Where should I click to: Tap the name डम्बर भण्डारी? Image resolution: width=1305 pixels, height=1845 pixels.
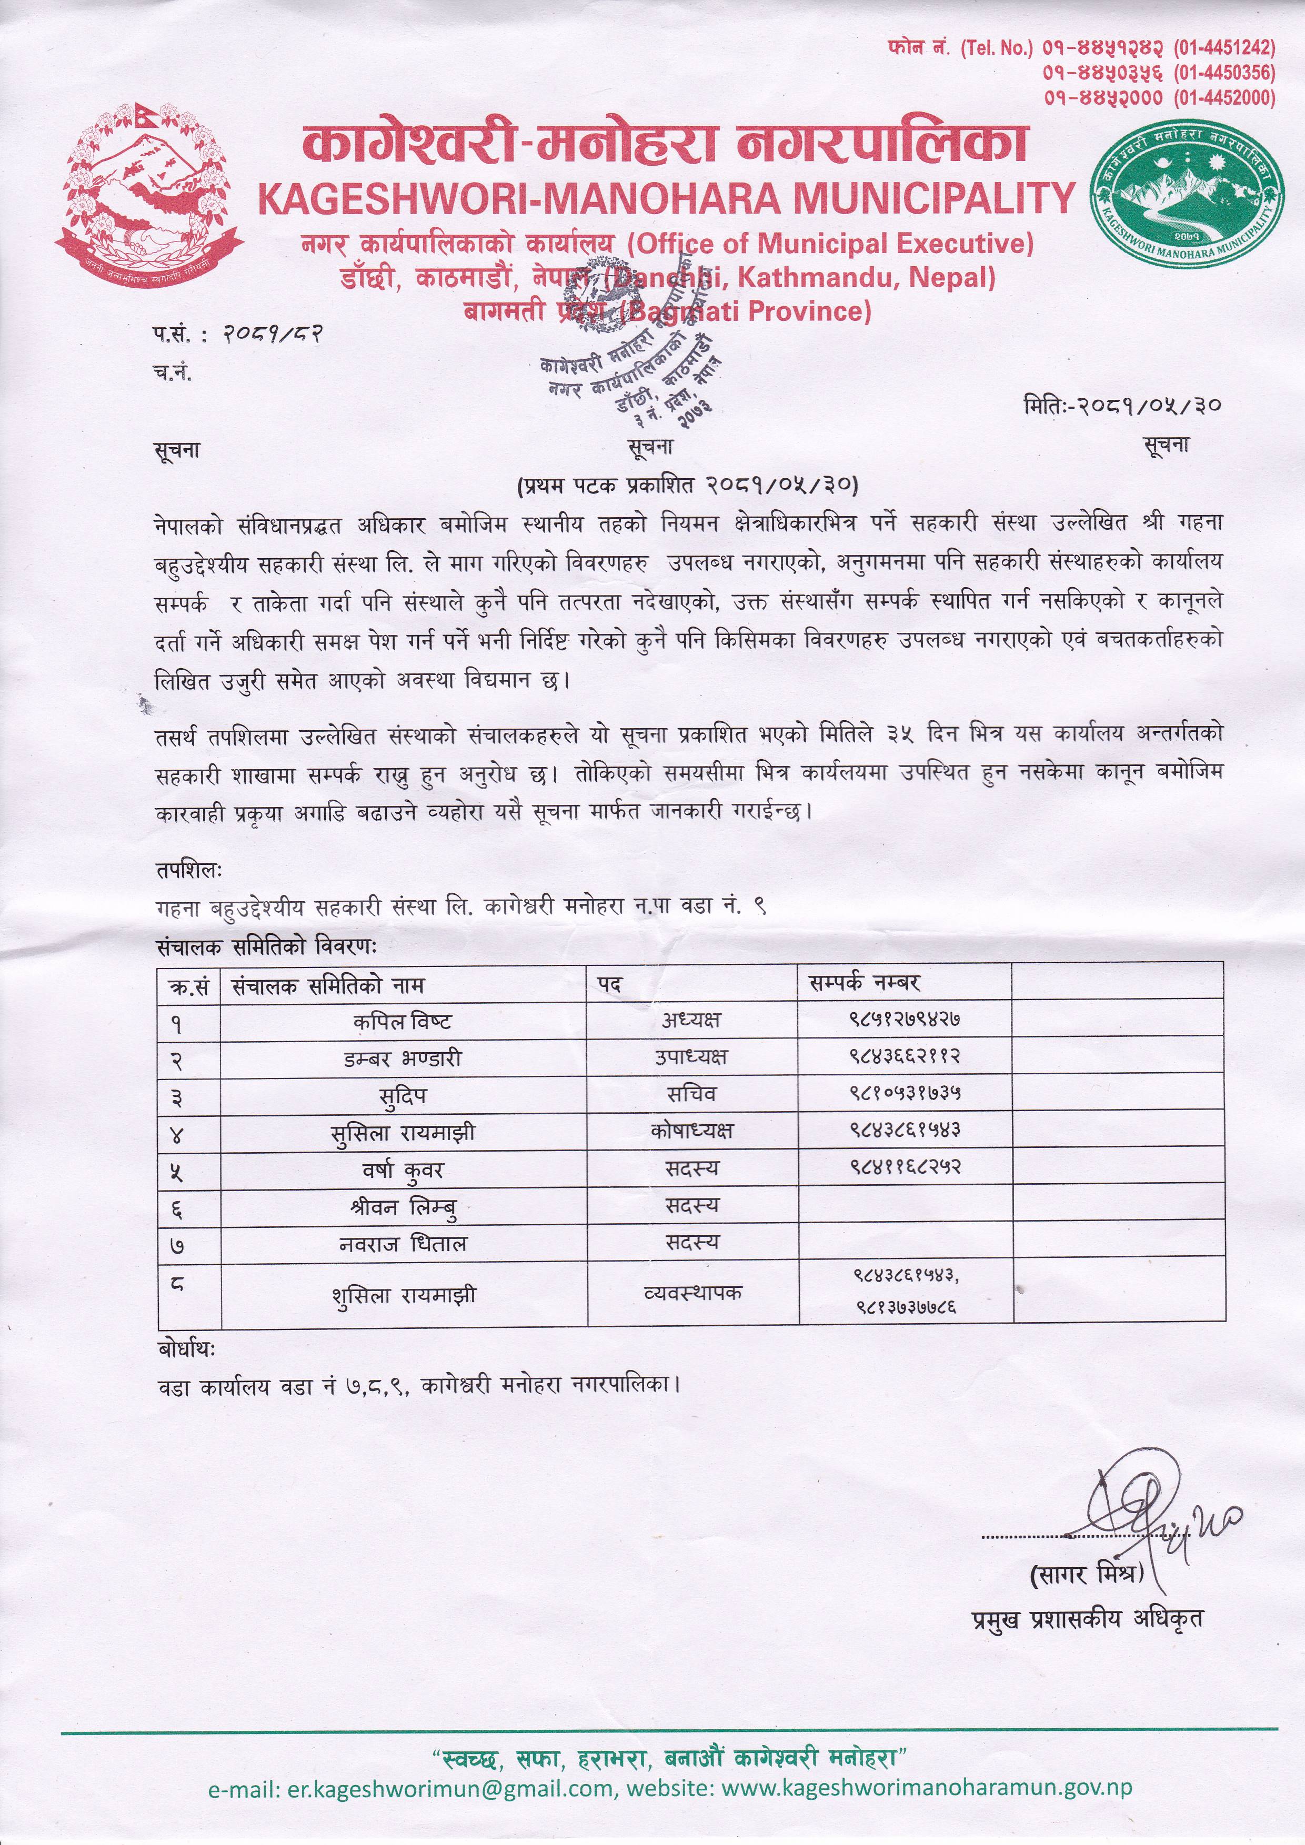pyautogui.click(x=402, y=1058)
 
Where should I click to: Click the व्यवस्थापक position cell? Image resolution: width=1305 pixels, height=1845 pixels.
pyautogui.click(x=692, y=1293)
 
